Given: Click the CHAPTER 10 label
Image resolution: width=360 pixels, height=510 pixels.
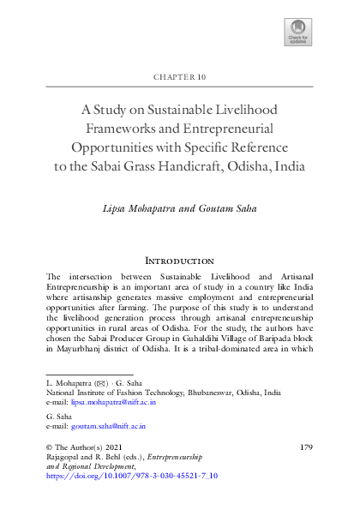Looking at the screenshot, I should [x=180, y=77].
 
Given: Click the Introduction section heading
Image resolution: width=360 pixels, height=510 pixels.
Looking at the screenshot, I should [x=180, y=260].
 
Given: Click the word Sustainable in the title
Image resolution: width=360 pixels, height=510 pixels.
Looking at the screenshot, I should [x=191, y=109].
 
